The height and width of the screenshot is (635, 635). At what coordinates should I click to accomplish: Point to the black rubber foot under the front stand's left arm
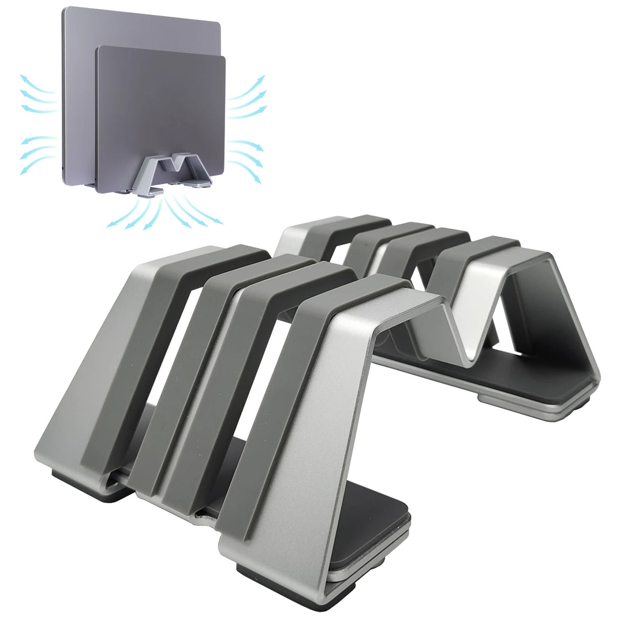[x=87, y=488]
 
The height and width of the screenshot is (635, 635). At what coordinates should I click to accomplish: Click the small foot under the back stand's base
[x=491, y=399]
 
